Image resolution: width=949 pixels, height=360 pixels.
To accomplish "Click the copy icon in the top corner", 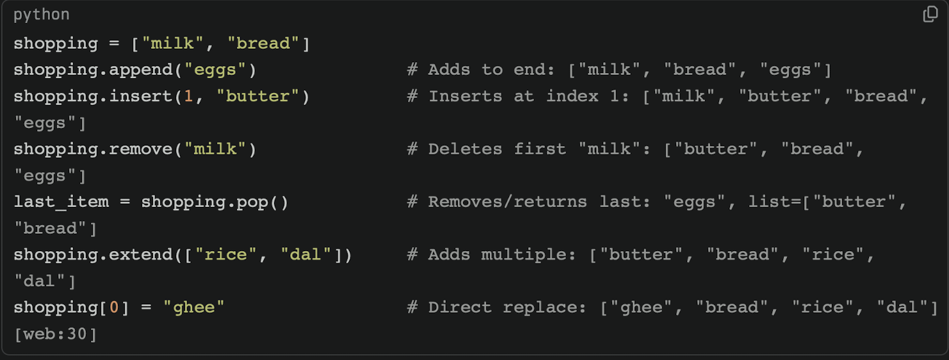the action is coord(930,14).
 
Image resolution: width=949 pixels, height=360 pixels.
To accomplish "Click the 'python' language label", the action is coord(42,15).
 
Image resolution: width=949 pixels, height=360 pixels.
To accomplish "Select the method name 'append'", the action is coord(141,70).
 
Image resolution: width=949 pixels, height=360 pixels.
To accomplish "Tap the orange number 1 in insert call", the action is coord(188,96).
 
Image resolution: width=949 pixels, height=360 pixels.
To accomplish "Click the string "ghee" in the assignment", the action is coord(194,307).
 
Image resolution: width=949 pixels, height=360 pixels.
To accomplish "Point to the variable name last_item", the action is coord(61,202).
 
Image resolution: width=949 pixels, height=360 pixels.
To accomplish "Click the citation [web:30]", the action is coord(56,334).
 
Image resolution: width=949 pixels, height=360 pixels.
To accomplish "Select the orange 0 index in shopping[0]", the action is coord(114,307).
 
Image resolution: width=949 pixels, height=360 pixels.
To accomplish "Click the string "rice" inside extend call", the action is coord(226,254).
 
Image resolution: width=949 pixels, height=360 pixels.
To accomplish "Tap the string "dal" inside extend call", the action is coord(306,254).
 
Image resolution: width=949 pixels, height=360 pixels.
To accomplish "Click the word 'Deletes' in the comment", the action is coord(465,149).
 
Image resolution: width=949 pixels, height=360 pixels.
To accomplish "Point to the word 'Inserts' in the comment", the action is coord(465,96).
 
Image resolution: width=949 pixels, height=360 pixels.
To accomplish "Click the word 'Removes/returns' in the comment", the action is coord(508,202).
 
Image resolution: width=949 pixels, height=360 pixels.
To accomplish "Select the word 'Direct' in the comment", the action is coord(460,307).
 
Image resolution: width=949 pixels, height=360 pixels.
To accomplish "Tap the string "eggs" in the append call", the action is coord(215,70).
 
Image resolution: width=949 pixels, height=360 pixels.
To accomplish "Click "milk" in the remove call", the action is coord(215,149).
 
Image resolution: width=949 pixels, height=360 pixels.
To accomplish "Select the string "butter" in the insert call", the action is coord(258,96).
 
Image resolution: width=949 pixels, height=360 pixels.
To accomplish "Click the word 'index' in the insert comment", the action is coord(572,96).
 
